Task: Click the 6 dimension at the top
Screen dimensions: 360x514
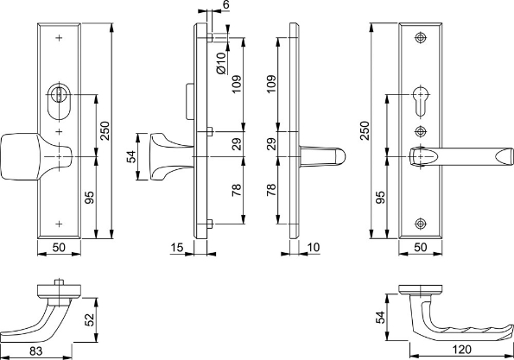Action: pyautogui.click(x=226, y=5)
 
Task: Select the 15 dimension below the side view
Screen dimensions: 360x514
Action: pyautogui.click(x=177, y=249)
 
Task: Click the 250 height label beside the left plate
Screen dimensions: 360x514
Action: pyautogui.click(x=104, y=129)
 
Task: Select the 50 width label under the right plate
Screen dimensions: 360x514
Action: pyautogui.click(x=422, y=249)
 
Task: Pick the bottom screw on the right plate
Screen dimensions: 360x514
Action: pyautogui.click(x=421, y=224)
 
